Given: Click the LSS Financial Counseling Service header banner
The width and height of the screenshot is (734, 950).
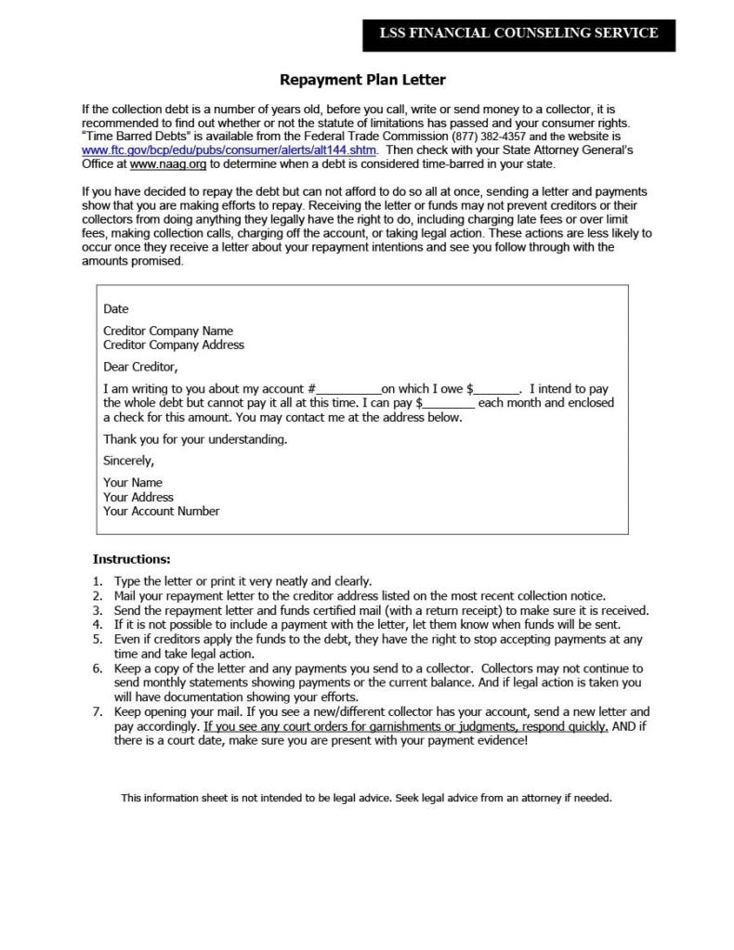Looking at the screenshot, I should coord(518,33).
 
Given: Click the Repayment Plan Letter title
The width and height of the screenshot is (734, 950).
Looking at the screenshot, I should coord(362,80).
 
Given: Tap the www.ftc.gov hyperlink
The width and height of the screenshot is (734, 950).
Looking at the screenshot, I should coord(229,150).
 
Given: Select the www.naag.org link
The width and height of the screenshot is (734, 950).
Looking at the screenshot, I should coord(168,163).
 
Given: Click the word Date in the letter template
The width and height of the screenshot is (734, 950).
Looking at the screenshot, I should coord(116,309).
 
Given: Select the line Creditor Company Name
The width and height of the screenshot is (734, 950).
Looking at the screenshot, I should coord(168,331).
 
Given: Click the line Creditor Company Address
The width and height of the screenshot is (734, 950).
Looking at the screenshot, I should coord(174,345).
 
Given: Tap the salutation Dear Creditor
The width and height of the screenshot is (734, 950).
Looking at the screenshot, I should coord(140,367).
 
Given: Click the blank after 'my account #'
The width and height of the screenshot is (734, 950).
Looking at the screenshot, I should coord(349,390).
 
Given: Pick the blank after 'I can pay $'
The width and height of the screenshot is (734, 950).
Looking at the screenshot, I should coord(450,404).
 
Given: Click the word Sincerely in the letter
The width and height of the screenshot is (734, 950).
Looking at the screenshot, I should coord(129,461).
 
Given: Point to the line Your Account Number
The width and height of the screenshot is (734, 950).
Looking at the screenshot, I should coord(162,511).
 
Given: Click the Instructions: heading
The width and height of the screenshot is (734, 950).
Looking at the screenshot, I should coord(132,560).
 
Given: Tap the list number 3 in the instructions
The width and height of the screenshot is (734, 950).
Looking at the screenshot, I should coord(98,611).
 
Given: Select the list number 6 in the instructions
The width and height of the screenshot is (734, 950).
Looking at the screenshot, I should coord(98,669).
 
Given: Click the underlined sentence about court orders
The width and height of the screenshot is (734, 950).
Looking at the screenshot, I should coord(406,726).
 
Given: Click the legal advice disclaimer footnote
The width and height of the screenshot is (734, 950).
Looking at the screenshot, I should coord(366,798).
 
